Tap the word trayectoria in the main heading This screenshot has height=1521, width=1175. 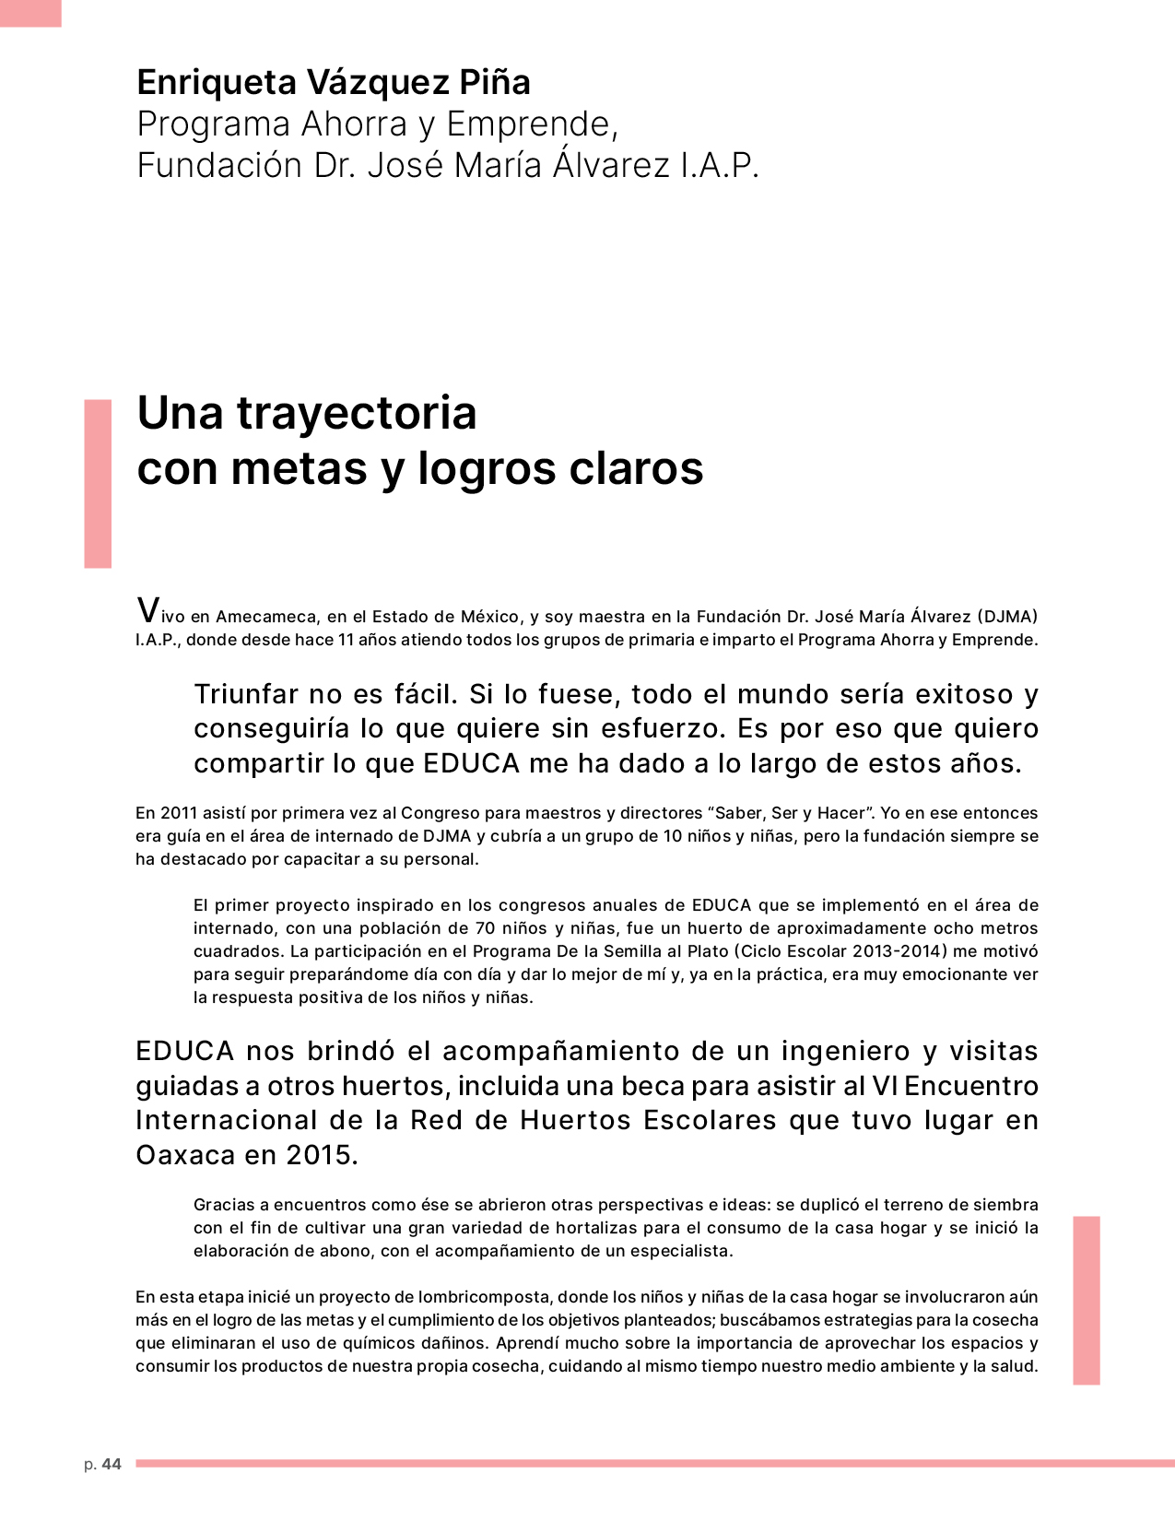pyautogui.click(x=357, y=413)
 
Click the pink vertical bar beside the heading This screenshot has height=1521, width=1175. pyautogui.click(x=98, y=483)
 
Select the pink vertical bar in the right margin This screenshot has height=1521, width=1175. pyautogui.click(x=1086, y=1300)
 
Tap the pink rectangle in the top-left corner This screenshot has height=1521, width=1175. pyautogui.click(x=30, y=13)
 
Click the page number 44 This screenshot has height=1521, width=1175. pyautogui.click(x=112, y=1464)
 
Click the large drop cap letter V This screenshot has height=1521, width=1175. pyautogui.click(x=147, y=610)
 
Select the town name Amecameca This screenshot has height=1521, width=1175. pyautogui.click(x=267, y=617)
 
